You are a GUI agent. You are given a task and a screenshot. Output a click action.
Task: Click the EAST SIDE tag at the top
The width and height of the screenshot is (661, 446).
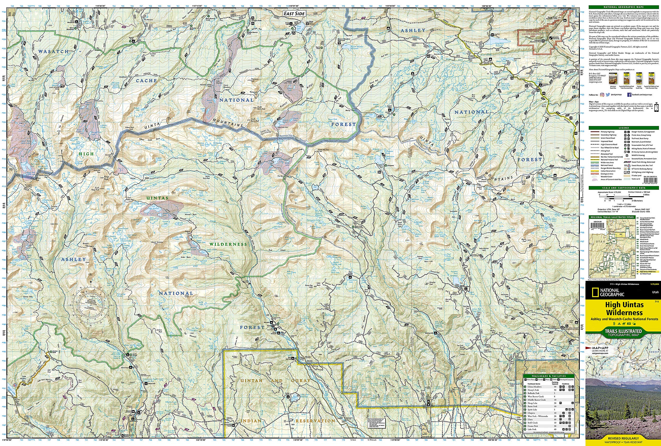tap(294, 13)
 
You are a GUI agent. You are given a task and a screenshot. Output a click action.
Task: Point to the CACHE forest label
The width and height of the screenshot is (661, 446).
tap(146, 81)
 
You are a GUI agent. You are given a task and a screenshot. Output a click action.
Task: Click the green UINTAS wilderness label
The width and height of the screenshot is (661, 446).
tap(157, 198)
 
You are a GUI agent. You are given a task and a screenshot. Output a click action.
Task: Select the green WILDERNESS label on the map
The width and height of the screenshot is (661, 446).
tap(228, 244)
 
